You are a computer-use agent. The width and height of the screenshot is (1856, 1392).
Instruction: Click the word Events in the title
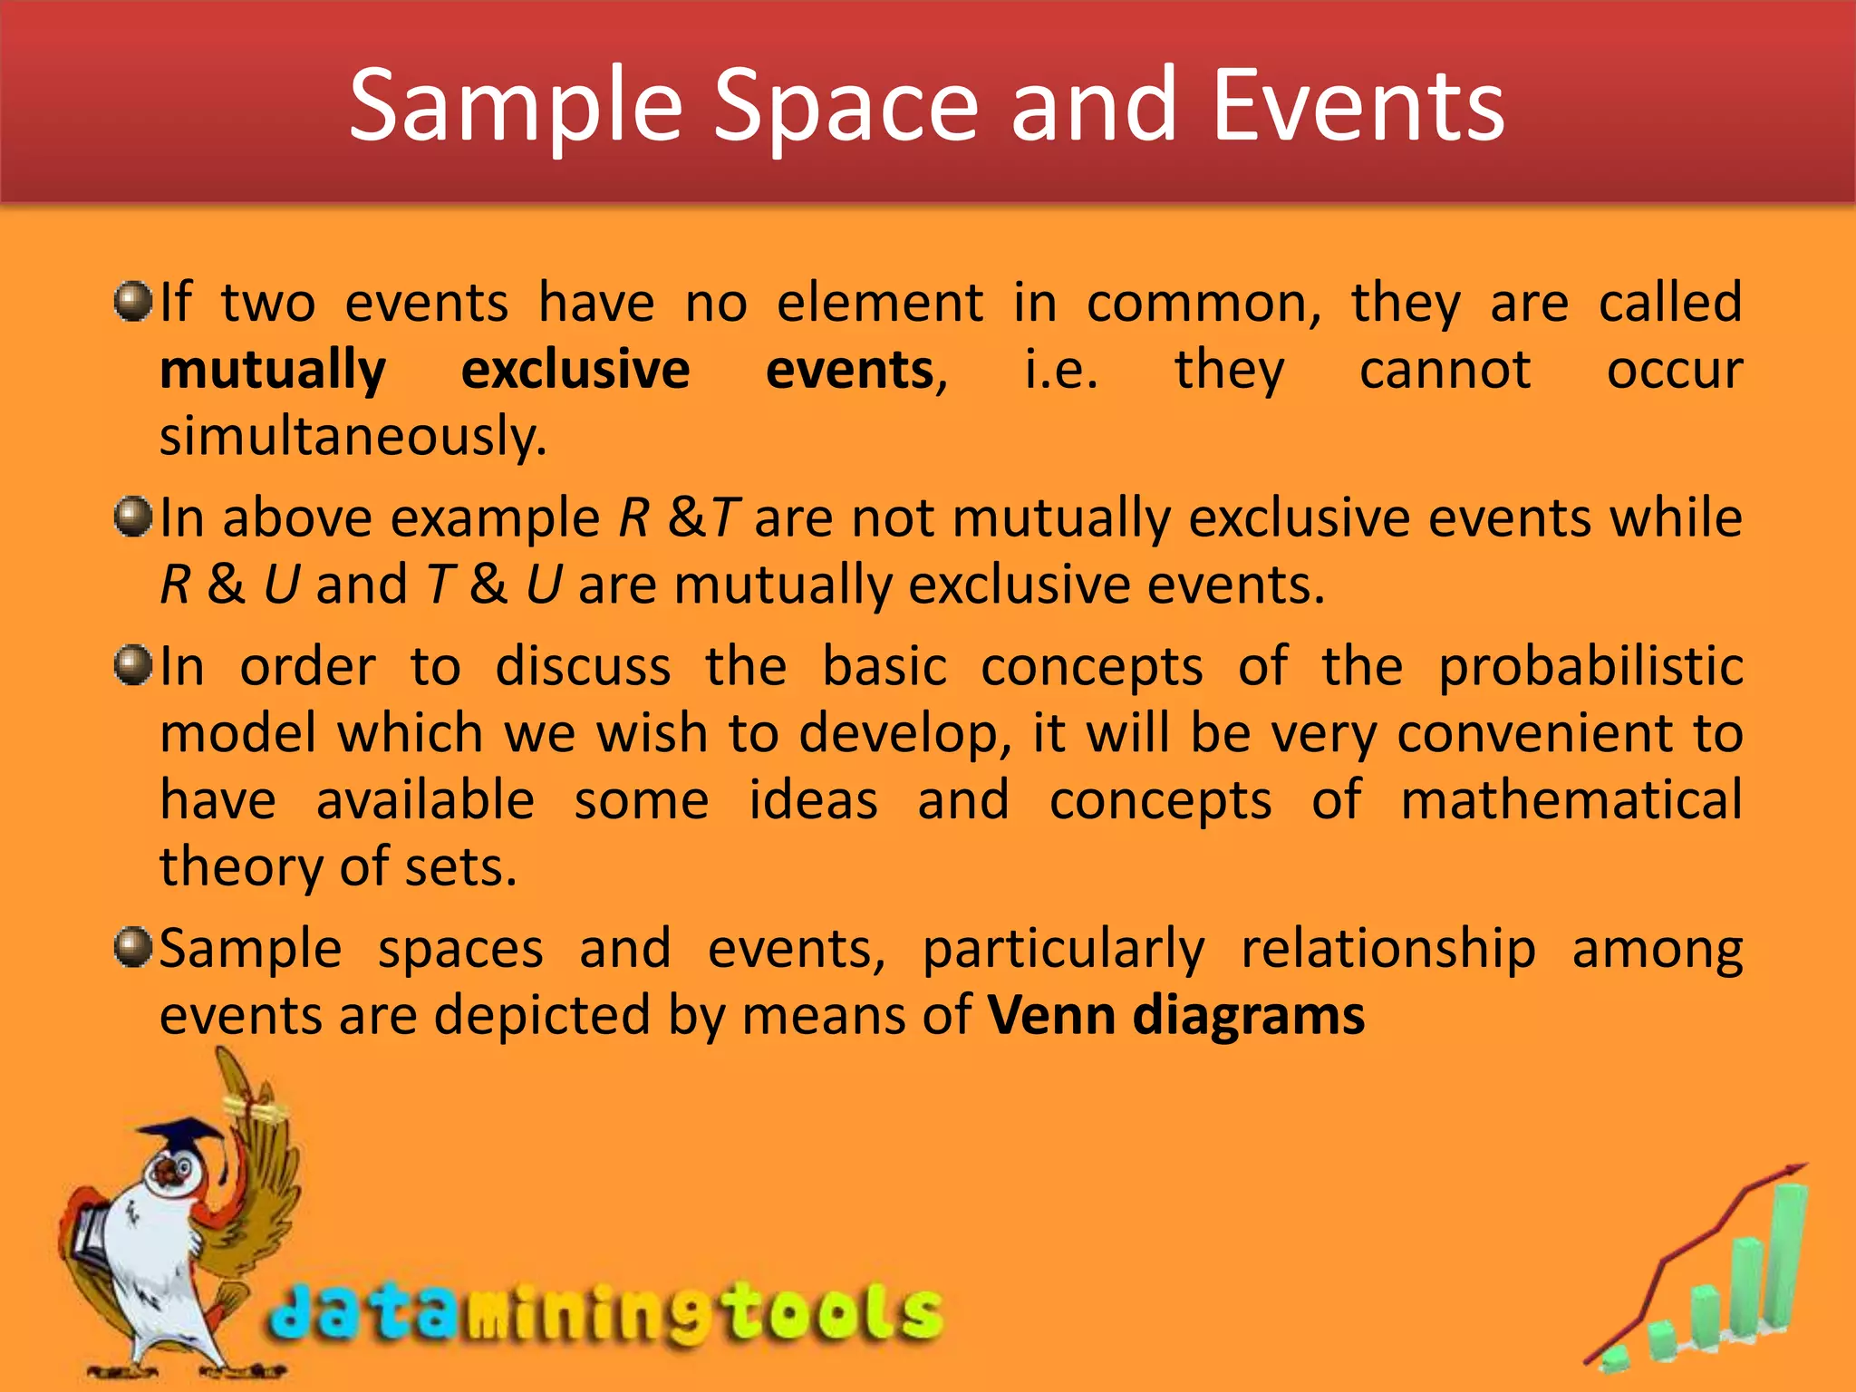pyautogui.click(x=1358, y=107)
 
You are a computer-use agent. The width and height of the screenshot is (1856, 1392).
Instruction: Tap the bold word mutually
pyautogui.click(x=273, y=371)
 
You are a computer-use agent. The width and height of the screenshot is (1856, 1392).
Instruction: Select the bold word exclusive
pyautogui.click(x=575, y=371)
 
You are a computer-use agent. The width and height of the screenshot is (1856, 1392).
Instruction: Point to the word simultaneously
pyautogui.click(x=353, y=438)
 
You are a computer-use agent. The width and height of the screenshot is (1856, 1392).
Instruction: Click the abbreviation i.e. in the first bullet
pyautogui.click(x=1061, y=371)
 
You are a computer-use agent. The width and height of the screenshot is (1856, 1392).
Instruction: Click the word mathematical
pyautogui.click(x=1571, y=800)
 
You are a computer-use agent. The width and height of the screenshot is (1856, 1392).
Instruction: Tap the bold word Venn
pyautogui.click(x=1051, y=1015)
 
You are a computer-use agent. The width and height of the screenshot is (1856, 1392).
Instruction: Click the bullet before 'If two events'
pyautogui.click(x=133, y=301)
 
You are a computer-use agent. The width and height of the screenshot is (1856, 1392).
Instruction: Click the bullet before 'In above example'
pyautogui.click(x=133, y=517)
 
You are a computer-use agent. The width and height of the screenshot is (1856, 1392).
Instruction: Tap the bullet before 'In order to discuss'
pyautogui.click(x=133, y=666)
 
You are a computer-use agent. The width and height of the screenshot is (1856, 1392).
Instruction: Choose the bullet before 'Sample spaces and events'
pyautogui.click(x=133, y=948)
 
